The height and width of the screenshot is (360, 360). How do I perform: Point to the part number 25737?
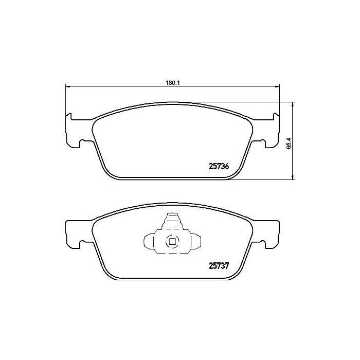(x=219, y=266)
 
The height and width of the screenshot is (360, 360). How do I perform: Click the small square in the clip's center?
(x=172, y=240)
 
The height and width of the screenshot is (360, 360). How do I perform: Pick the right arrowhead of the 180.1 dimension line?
(x=278, y=86)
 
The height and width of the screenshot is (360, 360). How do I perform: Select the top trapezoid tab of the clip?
(x=171, y=221)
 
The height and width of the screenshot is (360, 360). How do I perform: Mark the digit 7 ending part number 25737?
(x=226, y=266)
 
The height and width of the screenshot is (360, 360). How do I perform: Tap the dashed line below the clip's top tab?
(x=172, y=228)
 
